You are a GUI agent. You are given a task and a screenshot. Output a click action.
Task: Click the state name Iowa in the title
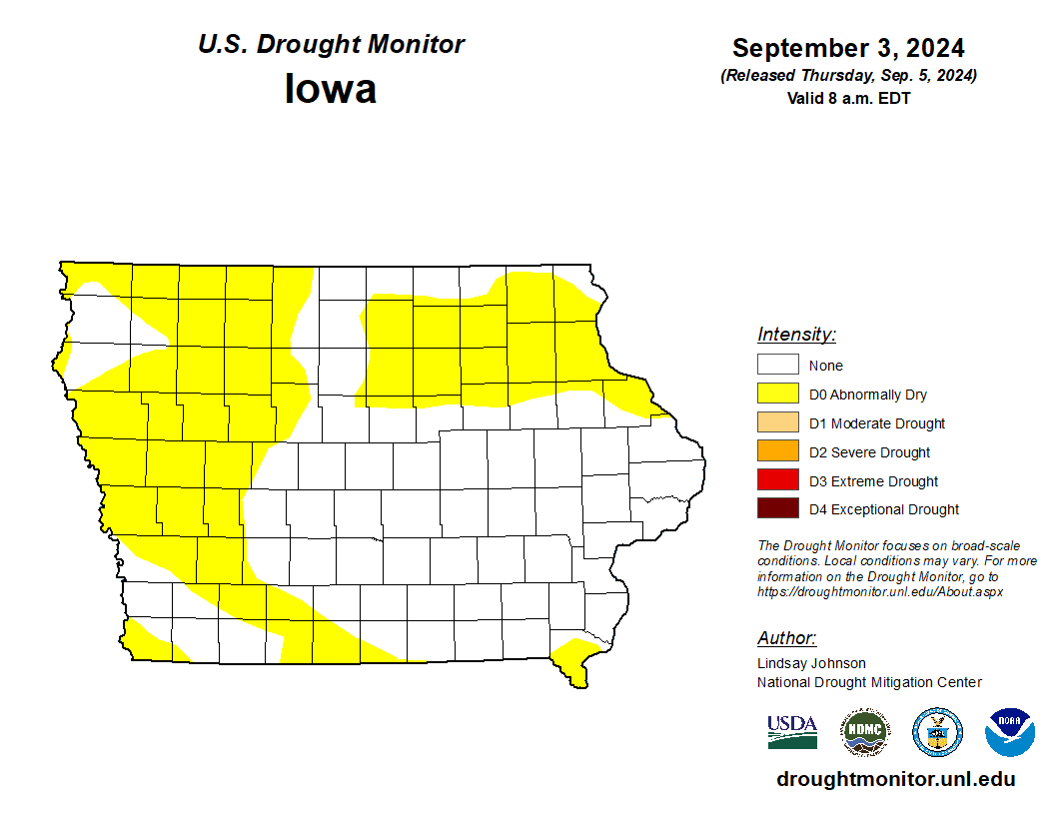point(331,89)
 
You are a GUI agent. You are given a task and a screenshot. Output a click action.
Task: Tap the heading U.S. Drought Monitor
point(331,45)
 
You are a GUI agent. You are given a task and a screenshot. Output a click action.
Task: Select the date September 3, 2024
point(848,48)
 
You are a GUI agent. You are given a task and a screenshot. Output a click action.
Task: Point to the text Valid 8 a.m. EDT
point(848,98)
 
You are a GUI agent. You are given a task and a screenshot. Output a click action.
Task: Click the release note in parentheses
point(848,76)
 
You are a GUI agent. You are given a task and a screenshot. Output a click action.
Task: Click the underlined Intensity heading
point(796,335)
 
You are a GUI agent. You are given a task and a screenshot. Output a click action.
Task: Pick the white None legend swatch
point(777,366)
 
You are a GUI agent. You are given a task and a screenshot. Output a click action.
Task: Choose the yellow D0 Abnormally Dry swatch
point(777,395)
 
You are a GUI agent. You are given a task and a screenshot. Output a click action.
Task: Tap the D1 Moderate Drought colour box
point(777,423)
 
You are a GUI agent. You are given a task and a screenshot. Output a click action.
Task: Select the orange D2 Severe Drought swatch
point(777,451)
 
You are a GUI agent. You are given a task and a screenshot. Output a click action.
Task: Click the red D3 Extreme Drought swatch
point(777,480)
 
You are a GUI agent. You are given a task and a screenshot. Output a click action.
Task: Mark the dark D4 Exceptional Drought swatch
point(777,509)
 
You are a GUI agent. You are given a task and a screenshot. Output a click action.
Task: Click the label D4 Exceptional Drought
point(884,509)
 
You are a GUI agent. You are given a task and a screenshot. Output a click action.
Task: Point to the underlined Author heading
point(786,638)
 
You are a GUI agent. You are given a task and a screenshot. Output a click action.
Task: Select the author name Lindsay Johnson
point(811,663)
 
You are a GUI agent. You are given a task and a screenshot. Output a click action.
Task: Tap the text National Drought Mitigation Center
point(869,682)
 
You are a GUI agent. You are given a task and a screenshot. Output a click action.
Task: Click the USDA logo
point(792,732)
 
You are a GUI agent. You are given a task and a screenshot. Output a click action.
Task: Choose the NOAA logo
point(1009,732)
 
